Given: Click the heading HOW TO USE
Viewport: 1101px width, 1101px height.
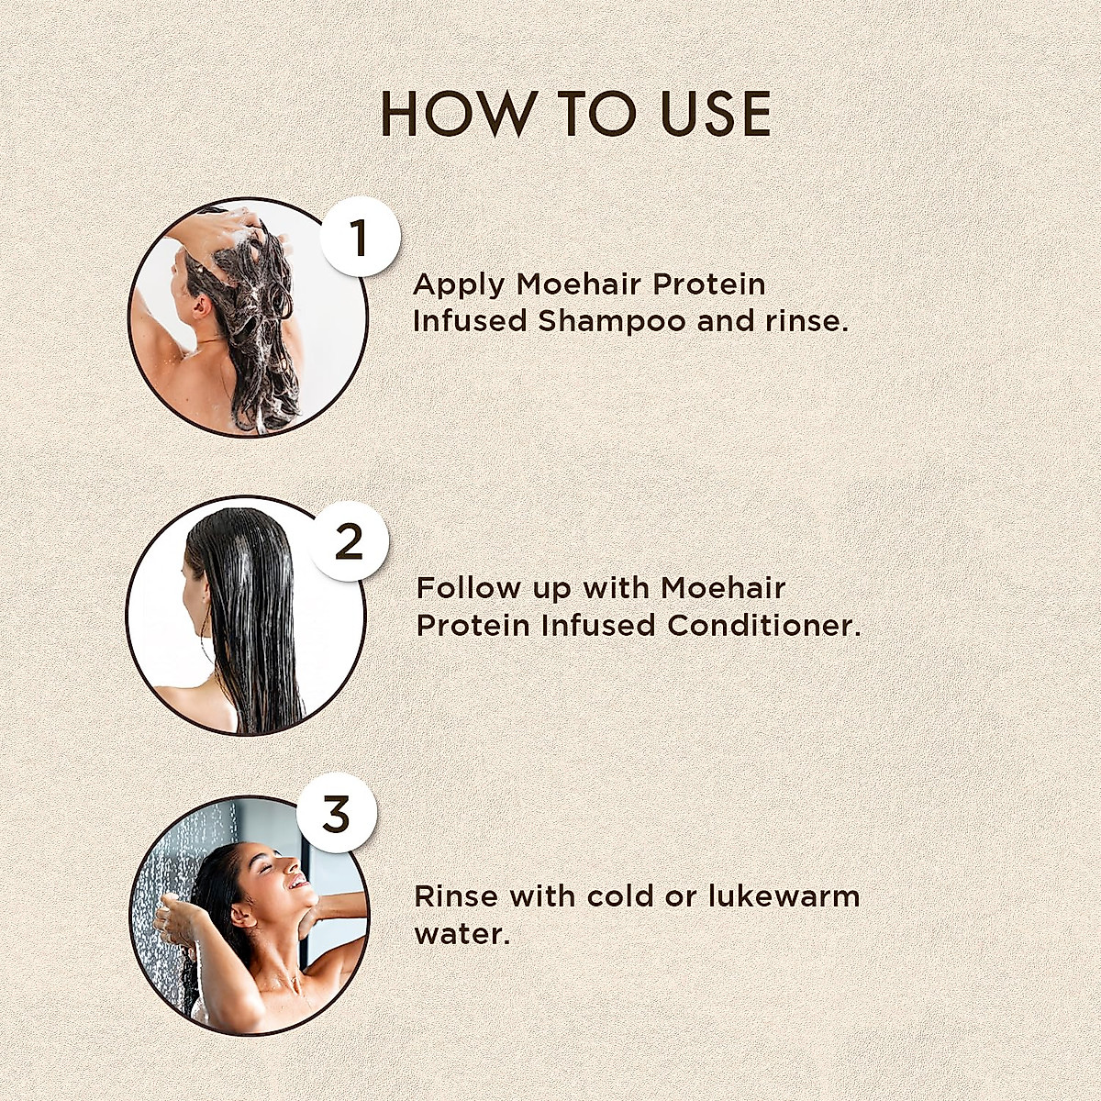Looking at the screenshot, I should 575,114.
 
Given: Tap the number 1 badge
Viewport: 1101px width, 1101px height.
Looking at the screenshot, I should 360,238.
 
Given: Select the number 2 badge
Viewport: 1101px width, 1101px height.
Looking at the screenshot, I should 349,542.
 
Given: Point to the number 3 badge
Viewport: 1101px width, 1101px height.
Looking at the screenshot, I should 337,813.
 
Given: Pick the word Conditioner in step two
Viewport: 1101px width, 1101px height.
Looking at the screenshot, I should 764,626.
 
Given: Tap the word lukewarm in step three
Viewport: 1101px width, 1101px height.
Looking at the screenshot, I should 784,895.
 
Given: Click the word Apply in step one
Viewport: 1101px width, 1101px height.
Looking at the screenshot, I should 459,285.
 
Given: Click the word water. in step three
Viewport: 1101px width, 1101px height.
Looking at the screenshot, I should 462,934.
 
